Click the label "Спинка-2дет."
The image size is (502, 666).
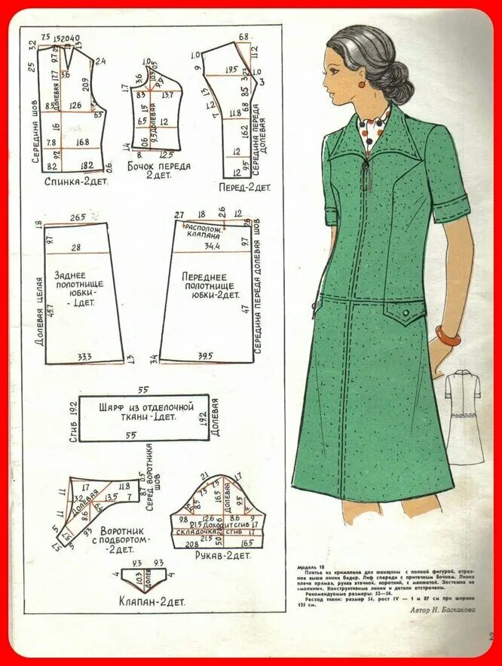(73, 182)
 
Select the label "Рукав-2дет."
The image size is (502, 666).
(222, 555)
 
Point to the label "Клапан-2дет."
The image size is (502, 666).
(151, 601)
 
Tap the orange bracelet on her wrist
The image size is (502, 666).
(448, 336)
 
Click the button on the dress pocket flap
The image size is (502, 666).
(407, 310)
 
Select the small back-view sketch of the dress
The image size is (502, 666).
(463, 415)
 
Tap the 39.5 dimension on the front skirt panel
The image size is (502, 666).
(204, 355)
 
